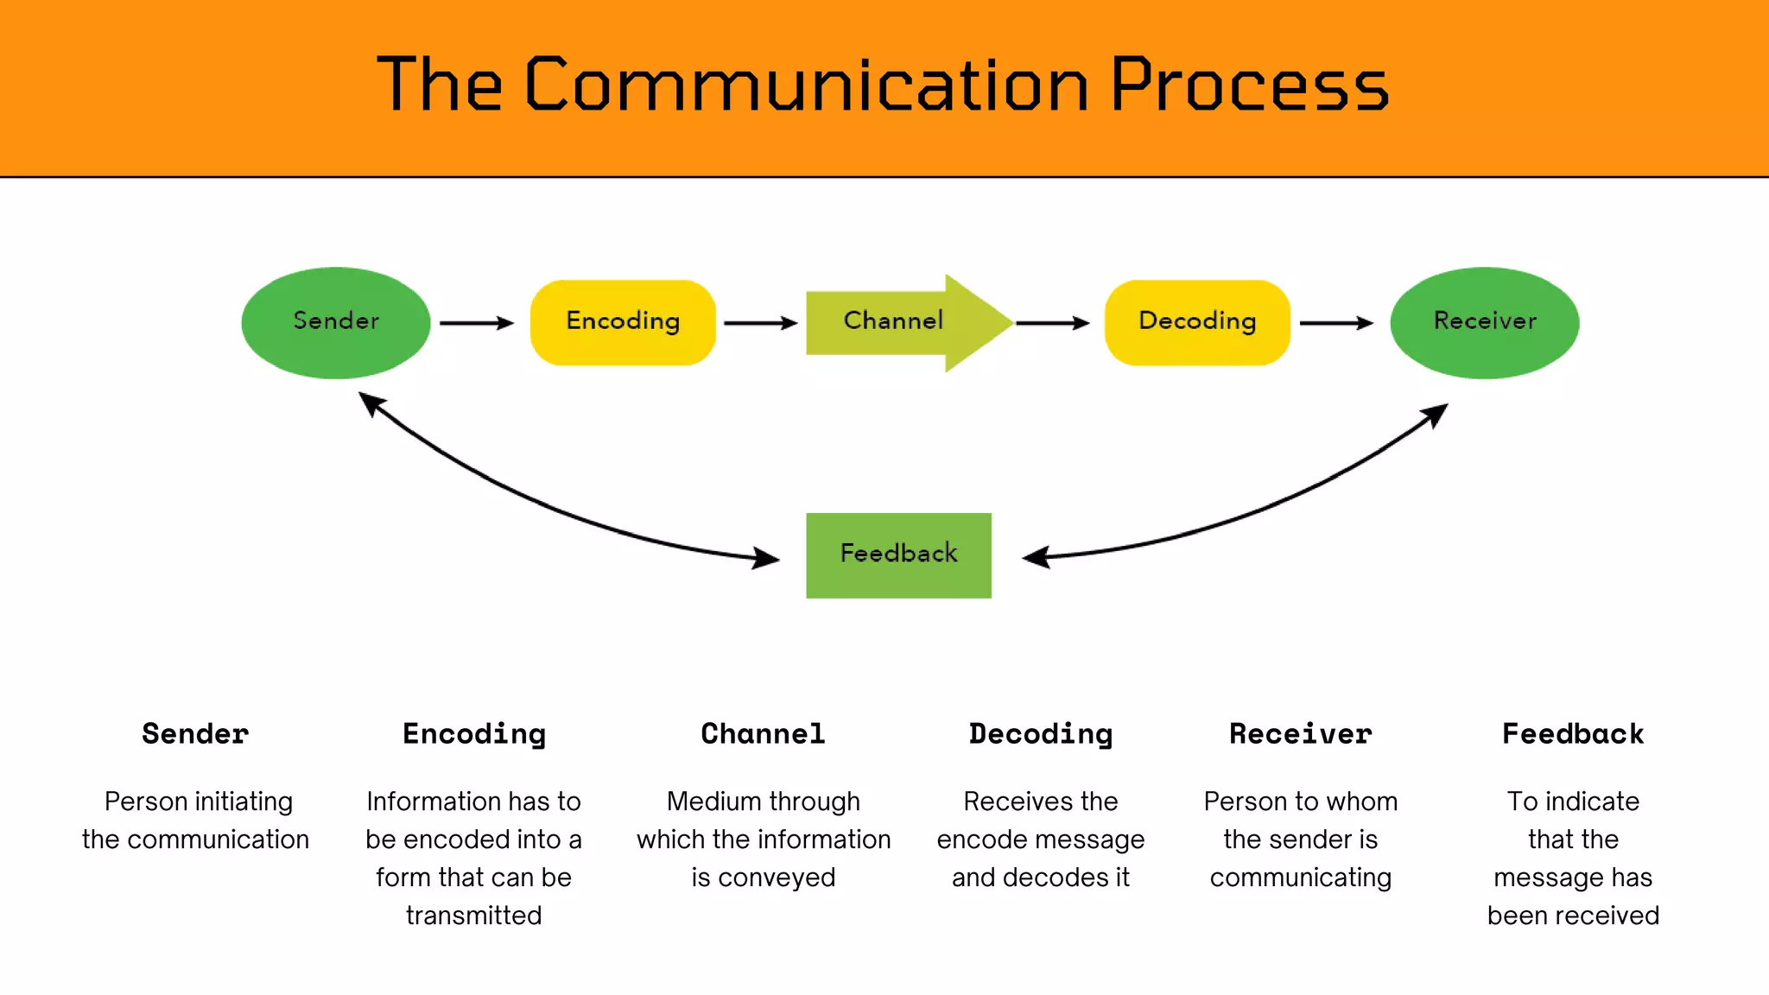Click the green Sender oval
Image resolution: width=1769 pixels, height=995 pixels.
335,322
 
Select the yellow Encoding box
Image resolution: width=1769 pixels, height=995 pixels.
622,322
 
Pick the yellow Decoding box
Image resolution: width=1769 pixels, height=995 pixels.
1196,322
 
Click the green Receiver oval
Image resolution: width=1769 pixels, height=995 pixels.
1484,322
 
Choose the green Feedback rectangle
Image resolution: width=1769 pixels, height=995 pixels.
898,555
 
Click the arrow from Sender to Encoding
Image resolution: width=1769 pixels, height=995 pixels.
476,323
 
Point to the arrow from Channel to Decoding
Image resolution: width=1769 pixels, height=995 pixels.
1052,323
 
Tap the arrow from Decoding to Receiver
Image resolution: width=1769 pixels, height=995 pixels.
1335,323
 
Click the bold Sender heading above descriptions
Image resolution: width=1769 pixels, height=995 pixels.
195,733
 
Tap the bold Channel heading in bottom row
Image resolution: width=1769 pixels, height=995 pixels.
763,733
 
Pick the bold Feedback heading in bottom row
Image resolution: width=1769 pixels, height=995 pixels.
1572,733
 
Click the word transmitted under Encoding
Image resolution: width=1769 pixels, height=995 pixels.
473,915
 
